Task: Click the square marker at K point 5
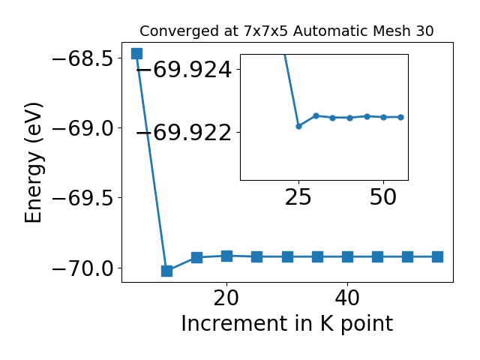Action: (x=136, y=53)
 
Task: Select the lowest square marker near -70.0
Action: (x=166, y=271)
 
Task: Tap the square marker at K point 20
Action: (x=226, y=256)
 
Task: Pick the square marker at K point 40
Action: (x=347, y=256)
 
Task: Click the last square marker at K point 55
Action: (x=437, y=256)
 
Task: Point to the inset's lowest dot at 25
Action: (x=298, y=126)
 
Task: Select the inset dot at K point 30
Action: (x=316, y=115)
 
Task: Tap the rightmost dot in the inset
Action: (x=400, y=117)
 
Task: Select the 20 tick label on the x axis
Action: (x=226, y=298)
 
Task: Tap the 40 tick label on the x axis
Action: (x=347, y=298)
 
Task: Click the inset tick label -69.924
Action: (x=184, y=70)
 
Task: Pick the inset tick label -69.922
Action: (x=184, y=133)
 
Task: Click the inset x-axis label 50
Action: (x=383, y=197)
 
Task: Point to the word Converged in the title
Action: (x=180, y=31)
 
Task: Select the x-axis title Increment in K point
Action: (x=287, y=323)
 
